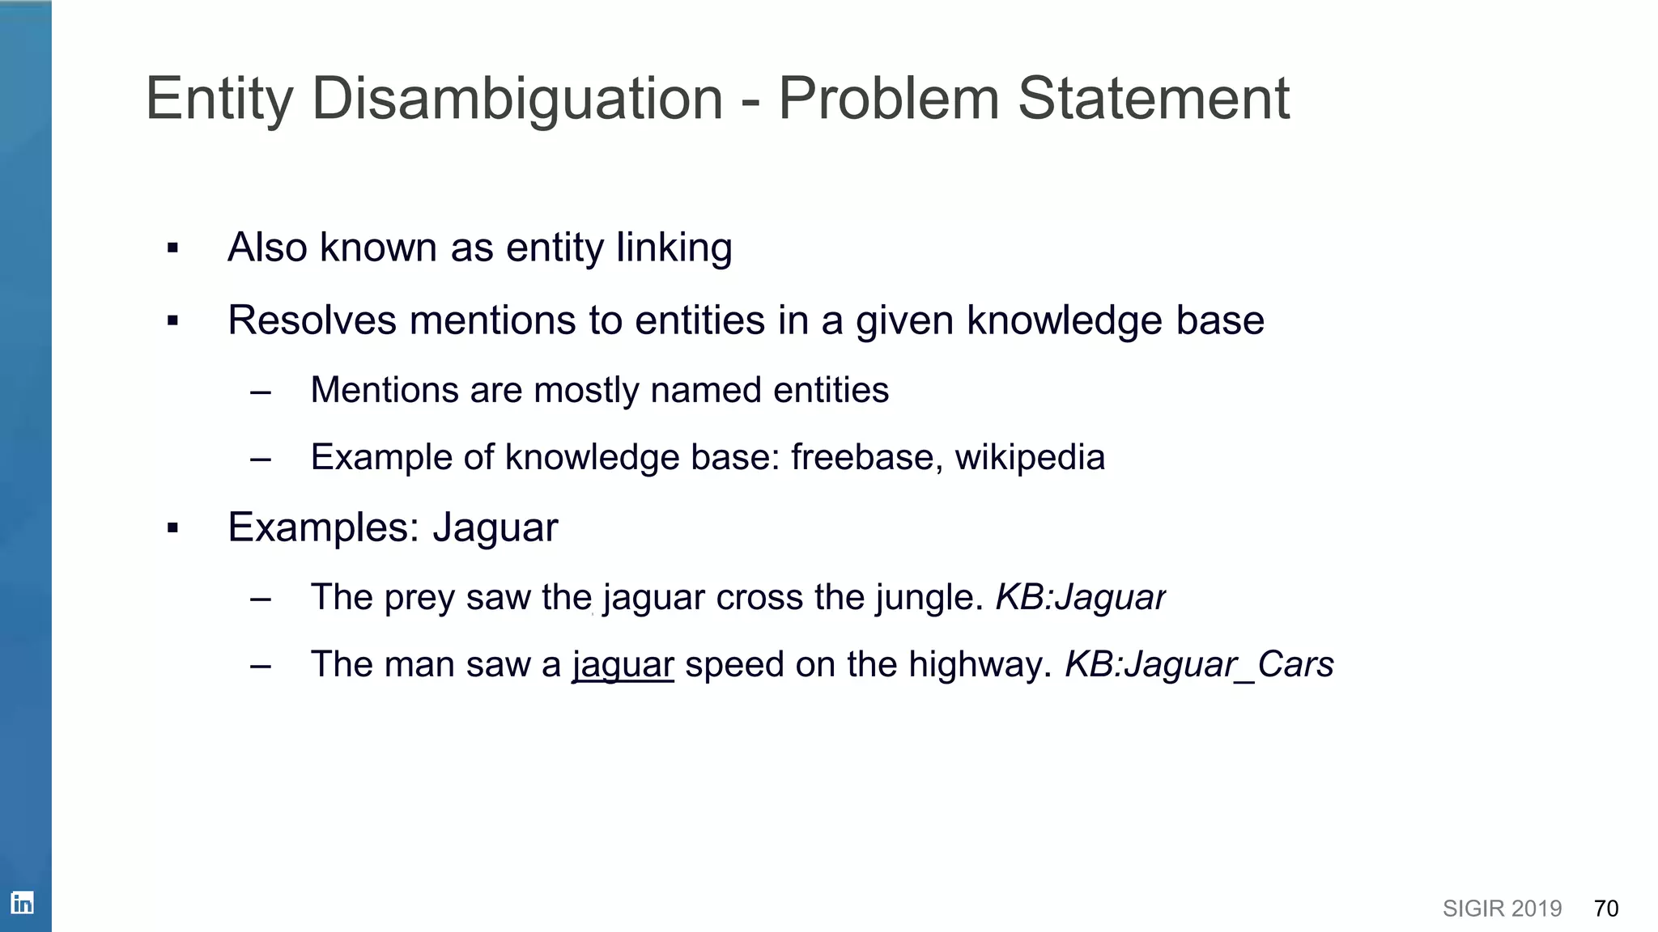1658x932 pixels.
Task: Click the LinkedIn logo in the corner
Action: (22, 903)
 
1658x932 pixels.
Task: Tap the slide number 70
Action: (1606, 909)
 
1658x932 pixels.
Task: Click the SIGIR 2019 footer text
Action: (1502, 909)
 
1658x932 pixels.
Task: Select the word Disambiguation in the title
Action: (517, 99)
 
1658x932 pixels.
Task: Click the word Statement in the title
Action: (1153, 99)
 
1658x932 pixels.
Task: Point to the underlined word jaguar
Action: (623, 665)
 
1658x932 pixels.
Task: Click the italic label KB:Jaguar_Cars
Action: (1199, 665)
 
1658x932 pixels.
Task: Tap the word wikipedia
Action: (1030, 457)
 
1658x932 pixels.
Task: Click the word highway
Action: (980, 665)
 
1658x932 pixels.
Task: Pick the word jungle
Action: (928, 599)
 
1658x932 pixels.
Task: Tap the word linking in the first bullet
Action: (674, 248)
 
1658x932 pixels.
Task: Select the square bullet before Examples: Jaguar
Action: (172, 529)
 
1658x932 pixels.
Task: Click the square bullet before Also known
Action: (172, 248)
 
